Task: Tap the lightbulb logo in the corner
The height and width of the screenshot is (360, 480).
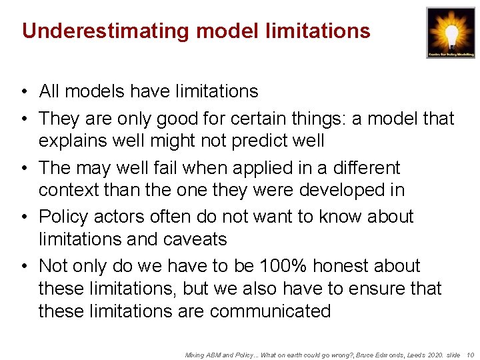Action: point(451,32)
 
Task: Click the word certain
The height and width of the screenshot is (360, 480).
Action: point(267,119)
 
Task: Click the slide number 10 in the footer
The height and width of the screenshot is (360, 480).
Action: point(470,355)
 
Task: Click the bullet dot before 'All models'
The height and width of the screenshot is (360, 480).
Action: point(23,91)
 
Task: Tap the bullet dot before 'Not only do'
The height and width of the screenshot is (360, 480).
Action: point(23,266)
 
